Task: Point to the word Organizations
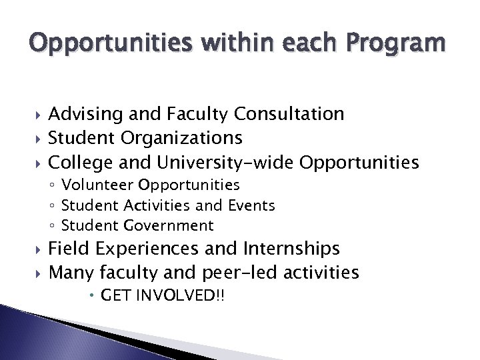(x=182, y=138)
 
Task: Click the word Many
(x=72, y=273)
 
